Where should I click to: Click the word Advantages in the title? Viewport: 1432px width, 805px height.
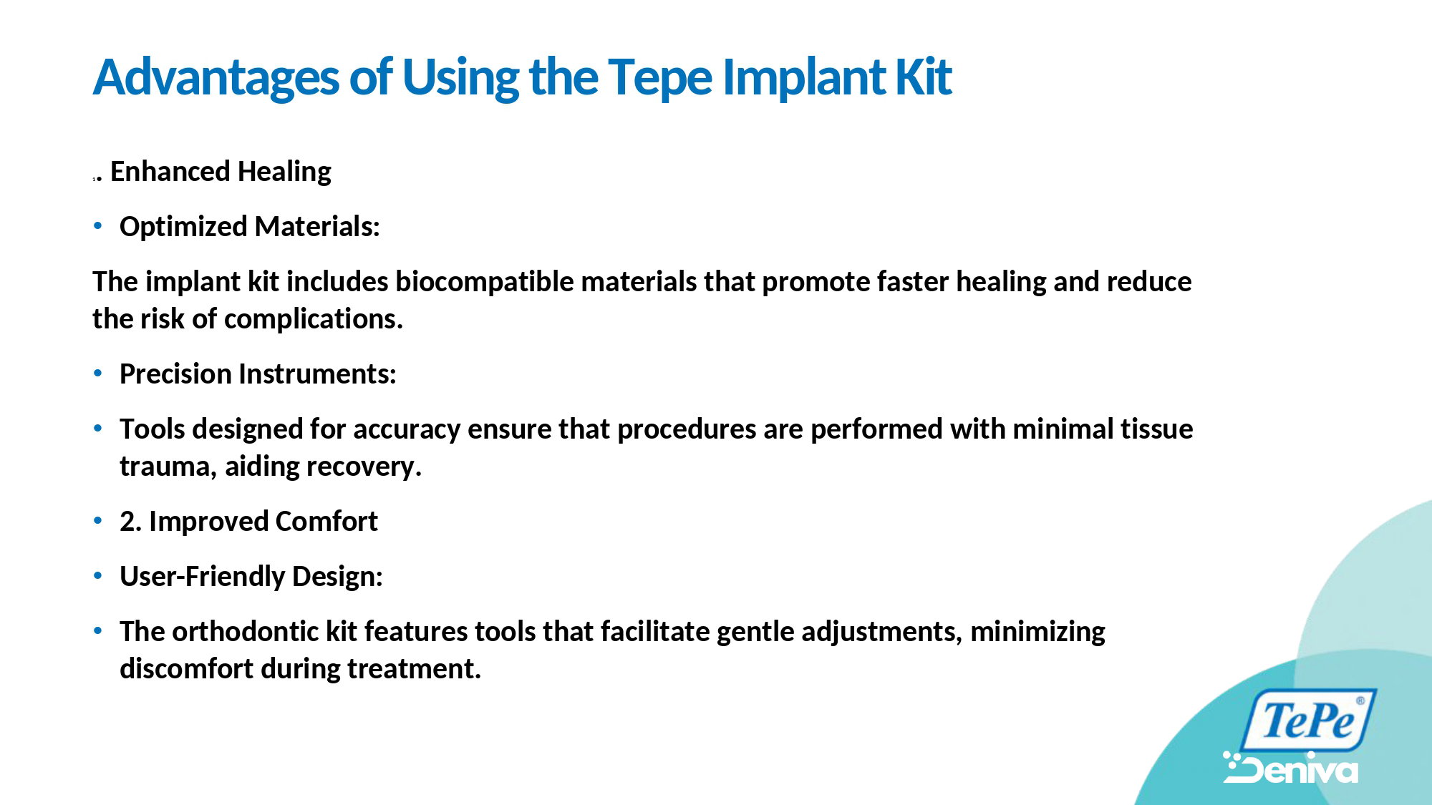[x=216, y=77]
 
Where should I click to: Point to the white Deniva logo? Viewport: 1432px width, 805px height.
[x=1290, y=768]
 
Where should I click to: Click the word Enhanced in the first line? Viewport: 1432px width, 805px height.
[x=170, y=172]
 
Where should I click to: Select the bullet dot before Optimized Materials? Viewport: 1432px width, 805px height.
[x=98, y=226]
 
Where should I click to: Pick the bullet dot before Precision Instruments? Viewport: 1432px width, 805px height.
[x=98, y=374]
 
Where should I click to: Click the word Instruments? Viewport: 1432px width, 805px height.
[x=317, y=374]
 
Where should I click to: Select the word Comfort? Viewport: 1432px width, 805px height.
[x=326, y=522]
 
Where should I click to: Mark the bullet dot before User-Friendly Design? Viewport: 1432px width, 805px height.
[x=98, y=576]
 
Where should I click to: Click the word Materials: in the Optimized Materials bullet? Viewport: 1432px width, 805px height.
[x=317, y=227]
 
